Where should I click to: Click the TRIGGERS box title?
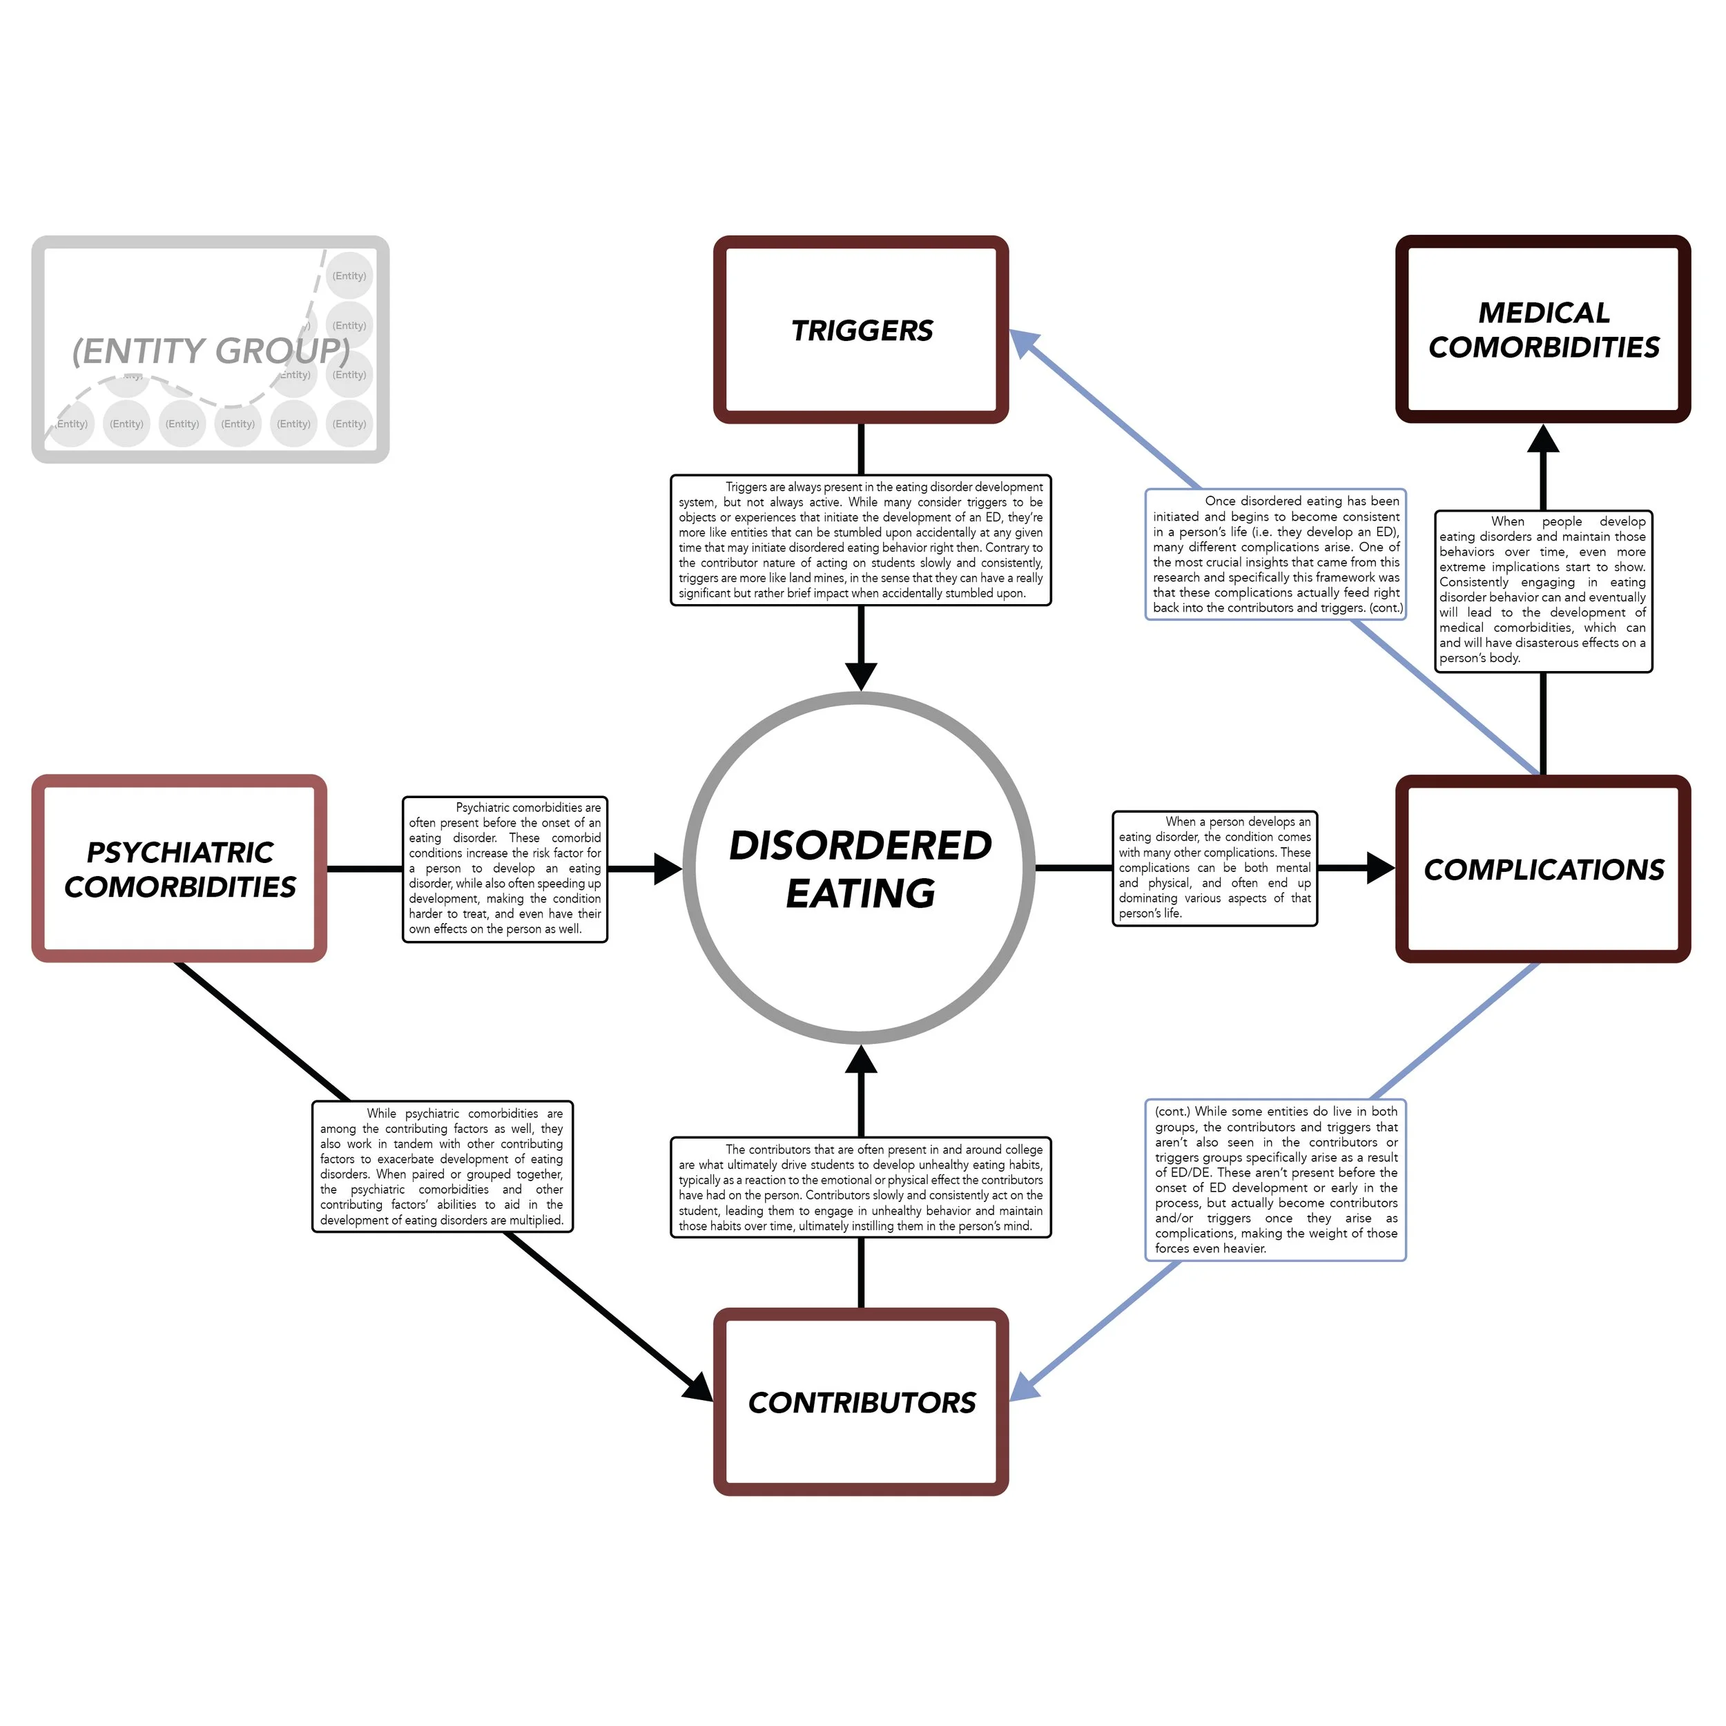(861, 331)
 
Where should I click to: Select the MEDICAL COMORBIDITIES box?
(1543, 329)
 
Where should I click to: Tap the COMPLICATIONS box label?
(1543, 869)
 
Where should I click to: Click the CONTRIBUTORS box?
(861, 1403)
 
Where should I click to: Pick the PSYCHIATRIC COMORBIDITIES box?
(180, 869)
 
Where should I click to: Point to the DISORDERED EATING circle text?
(860, 869)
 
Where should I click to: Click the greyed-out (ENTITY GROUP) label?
(211, 351)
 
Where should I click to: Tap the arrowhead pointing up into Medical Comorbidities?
(1543, 438)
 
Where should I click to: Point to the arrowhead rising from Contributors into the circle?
(861, 1060)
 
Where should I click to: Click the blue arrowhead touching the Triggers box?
(1024, 342)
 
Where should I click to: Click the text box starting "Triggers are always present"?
(860, 540)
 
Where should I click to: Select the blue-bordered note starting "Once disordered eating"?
(1276, 554)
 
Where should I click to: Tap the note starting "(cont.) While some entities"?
(1275, 1179)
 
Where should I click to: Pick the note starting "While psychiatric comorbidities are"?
(443, 1166)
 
